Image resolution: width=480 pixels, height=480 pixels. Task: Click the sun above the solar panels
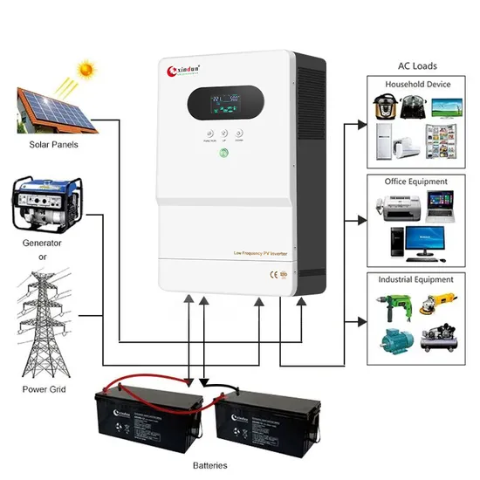tap(86, 67)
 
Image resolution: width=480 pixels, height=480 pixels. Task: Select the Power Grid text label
tap(45, 389)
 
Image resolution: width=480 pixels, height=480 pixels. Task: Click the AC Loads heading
tap(417, 65)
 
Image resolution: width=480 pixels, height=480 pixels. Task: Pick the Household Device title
tap(417, 84)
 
